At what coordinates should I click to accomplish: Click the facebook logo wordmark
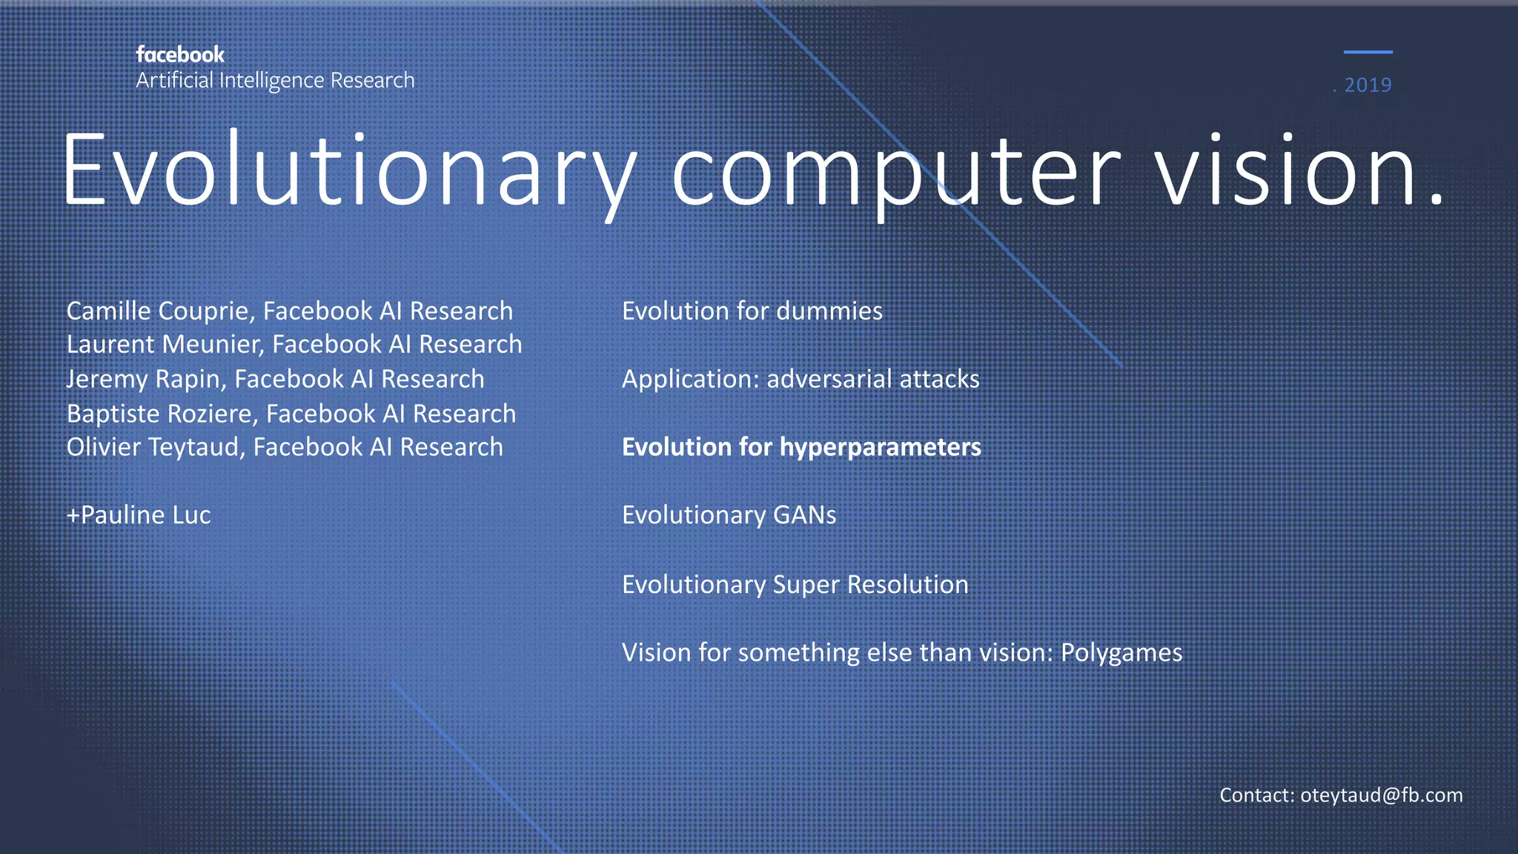point(180,55)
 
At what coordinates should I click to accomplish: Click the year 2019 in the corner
point(1368,85)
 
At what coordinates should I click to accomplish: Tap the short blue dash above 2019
point(1368,52)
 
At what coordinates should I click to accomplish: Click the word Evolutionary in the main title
point(348,171)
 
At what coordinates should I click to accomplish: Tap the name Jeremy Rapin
point(145,379)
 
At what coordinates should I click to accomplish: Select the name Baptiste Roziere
point(162,414)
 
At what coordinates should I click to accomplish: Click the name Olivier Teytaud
point(155,447)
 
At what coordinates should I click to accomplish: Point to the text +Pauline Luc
point(139,515)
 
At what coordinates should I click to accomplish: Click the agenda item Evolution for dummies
point(752,311)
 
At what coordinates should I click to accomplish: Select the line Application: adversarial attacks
point(801,379)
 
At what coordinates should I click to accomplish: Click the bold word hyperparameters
point(880,447)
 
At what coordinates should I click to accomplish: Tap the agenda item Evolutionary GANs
point(729,515)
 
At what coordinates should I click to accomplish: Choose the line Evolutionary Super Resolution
point(795,584)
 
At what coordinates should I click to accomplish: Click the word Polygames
point(1121,652)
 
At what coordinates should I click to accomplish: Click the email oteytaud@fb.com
point(1381,795)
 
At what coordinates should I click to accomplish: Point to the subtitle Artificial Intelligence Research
point(275,80)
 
